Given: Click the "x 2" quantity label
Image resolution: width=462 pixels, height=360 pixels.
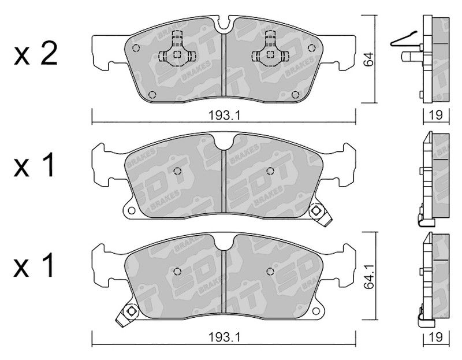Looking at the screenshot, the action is [x=35, y=55].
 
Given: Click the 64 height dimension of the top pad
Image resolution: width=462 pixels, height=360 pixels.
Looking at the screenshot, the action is [x=368, y=59].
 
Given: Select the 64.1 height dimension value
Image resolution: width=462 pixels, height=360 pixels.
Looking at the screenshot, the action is [x=368, y=276].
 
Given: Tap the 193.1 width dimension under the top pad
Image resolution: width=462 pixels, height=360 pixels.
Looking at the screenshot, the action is [x=225, y=115].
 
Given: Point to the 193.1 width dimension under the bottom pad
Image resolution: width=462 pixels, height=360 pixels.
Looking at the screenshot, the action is [x=225, y=337].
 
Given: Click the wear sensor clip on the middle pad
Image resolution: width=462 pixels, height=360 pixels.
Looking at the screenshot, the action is [x=320, y=214].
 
